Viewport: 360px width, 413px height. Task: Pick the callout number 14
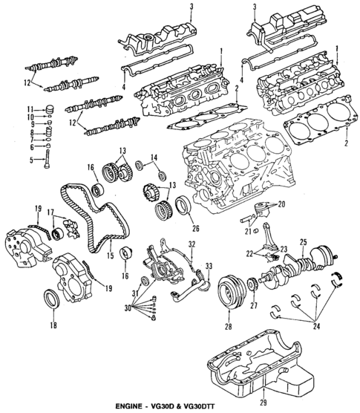pos(155,157)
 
